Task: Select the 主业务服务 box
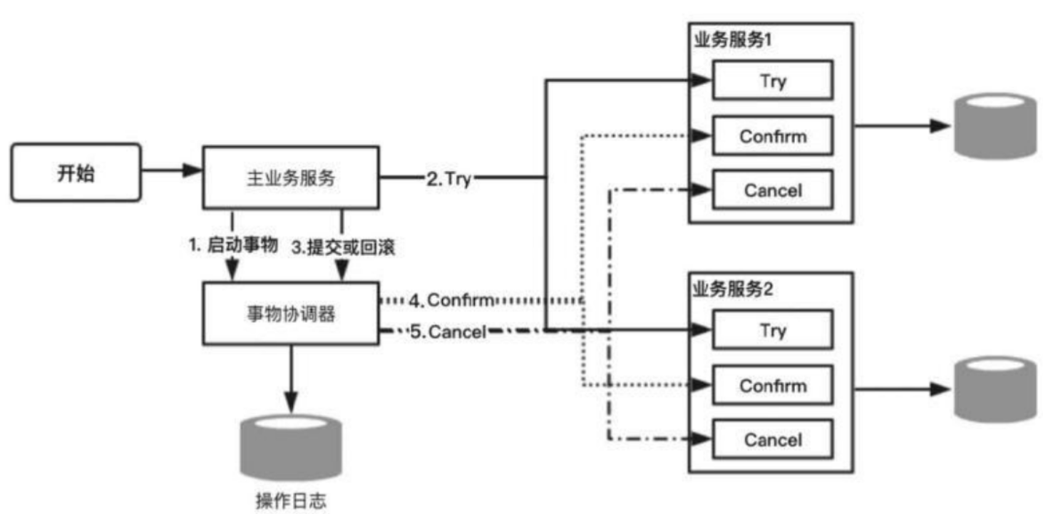[290, 178]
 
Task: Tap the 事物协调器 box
[290, 312]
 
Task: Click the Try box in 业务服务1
[773, 80]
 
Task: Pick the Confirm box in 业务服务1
[773, 135]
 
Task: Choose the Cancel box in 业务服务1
[773, 190]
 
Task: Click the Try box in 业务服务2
[773, 330]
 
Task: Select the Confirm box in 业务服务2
[773, 386]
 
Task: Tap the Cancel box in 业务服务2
[773, 440]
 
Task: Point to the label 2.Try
[448, 180]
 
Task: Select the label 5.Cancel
[448, 331]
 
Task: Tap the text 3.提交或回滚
[343, 247]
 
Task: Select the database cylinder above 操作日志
[291, 445]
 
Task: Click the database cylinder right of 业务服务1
[995, 127]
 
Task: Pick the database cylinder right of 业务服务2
[995, 388]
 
